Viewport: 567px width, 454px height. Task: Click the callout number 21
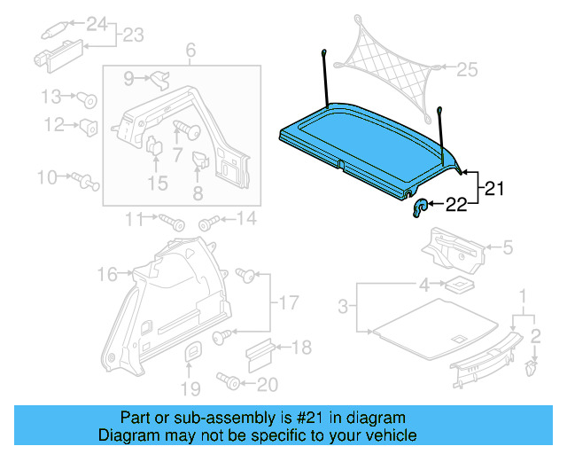[x=493, y=188]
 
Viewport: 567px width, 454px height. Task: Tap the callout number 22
[x=456, y=206]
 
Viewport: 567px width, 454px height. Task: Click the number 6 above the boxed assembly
[x=190, y=51]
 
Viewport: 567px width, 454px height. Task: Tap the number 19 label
[x=190, y=387]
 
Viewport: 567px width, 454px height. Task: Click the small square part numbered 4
[x=457, y=286]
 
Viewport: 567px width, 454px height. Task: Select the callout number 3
[x=345, y=308]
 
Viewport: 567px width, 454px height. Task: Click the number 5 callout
[x=507, y=248]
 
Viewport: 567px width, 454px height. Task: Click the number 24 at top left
[x=95, y=22]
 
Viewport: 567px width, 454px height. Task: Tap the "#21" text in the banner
[x=299, y=418]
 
